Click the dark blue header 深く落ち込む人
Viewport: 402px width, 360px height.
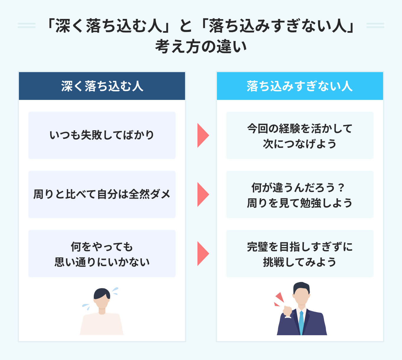click(x=102, y=86)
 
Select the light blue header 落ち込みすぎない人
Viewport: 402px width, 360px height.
click(x=300, y=86)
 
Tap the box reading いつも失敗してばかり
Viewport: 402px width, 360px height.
click(x=102, y=135)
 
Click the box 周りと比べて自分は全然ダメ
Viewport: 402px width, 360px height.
click(x=102, y=194)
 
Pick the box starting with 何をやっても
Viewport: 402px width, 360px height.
click(x=102, y=254)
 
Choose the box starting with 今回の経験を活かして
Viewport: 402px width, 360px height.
click(x=300, y=135)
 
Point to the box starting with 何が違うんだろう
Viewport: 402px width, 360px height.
click(x=300, y=194)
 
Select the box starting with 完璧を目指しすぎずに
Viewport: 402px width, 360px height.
click(x=300, y=254)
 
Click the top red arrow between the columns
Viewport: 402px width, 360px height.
click(x=202, y=135)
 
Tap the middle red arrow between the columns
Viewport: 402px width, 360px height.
click(x=202, y=194)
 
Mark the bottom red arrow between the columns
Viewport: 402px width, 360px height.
click(x=202, y=254)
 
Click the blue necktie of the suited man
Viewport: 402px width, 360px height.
click(x=301, y=322)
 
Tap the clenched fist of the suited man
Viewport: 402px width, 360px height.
click(x=287, y=311)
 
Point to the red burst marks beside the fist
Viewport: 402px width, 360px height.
click(x=278, y=299)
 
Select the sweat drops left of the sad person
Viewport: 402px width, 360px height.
click(x=86, y=307)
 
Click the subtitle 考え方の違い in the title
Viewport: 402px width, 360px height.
click(x=201, y=47)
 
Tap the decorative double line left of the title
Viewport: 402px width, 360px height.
click(x=27, y=25)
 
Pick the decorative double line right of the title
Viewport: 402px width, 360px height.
click(x=375, y=25)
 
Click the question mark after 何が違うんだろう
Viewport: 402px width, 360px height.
click(x=341, y=187)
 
